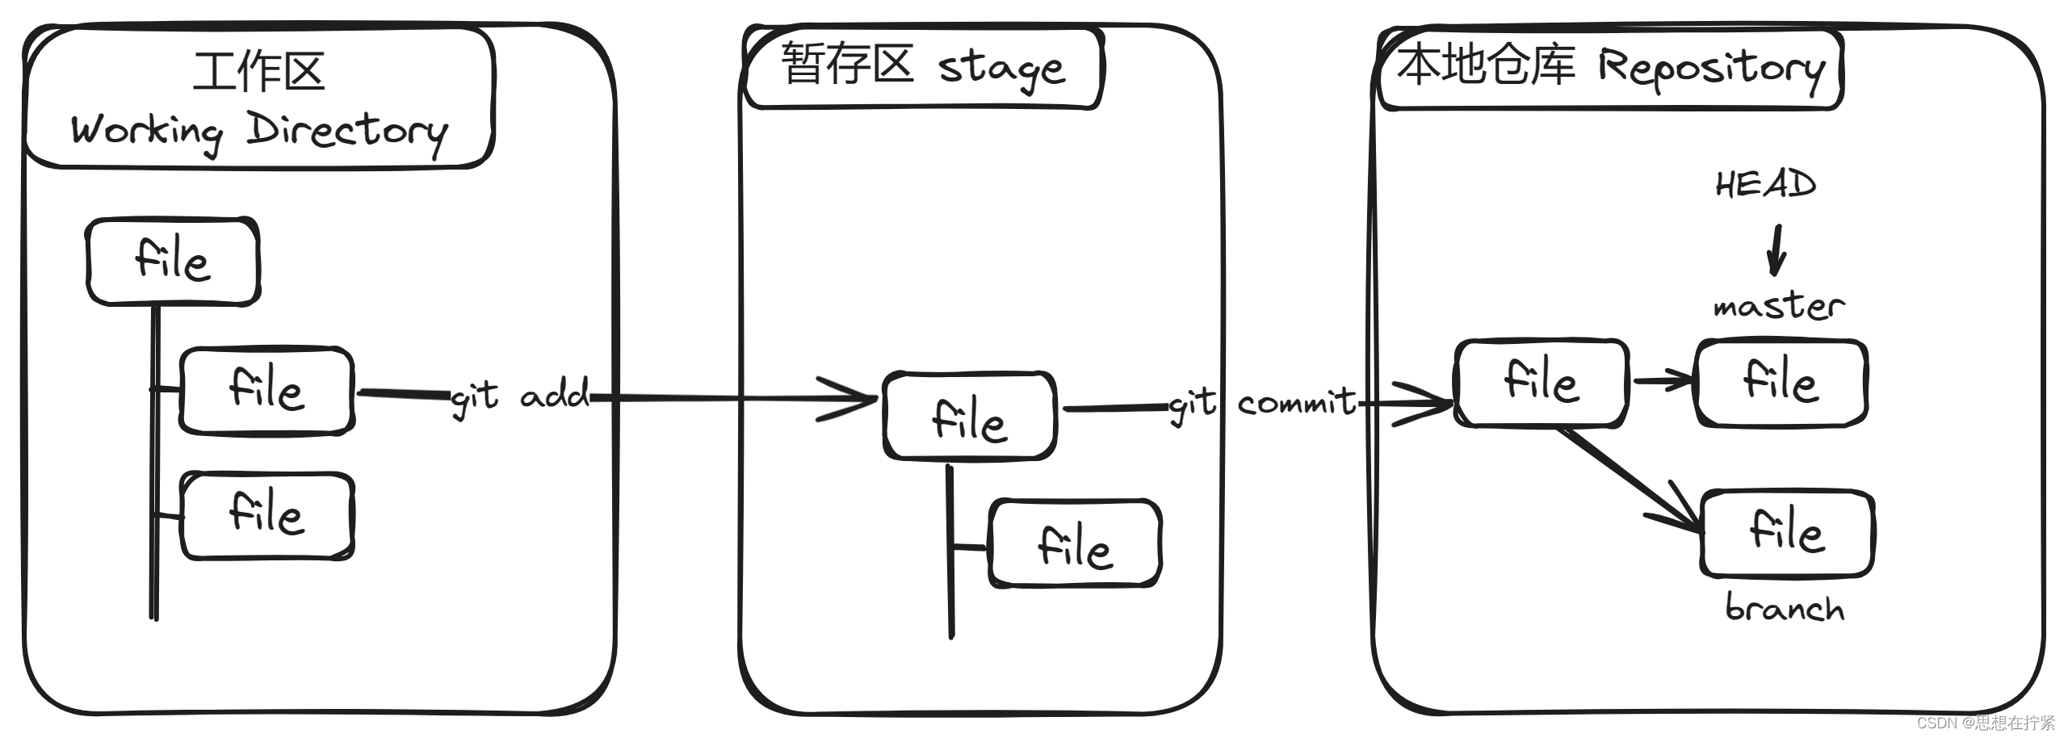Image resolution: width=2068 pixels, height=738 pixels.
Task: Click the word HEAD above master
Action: coord(1765,185)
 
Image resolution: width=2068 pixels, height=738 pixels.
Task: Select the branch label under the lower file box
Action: coord(1785,608)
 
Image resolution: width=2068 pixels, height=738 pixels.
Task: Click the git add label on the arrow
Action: coord(520,396)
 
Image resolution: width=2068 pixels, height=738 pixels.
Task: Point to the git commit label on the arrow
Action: coord(1263,402)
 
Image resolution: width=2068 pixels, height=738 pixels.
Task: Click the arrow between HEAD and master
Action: coord(1775,251)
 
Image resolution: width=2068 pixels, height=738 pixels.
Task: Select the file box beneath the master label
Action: coord(1781,383)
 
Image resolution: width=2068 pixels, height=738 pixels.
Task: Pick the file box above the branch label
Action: coord(1787,533)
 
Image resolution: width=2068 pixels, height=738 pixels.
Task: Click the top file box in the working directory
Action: coord(173,261)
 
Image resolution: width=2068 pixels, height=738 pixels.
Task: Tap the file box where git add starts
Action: coord(266,390)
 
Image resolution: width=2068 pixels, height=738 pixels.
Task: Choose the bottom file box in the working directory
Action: coord(267,515)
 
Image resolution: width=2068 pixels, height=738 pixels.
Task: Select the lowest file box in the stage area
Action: coord(1075,543)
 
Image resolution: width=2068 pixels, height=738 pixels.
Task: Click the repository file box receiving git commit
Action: coord(1541,383)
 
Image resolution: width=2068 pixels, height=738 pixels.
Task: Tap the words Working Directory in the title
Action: coord(258,132)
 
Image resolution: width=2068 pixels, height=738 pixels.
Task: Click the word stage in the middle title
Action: coord(1001,68)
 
